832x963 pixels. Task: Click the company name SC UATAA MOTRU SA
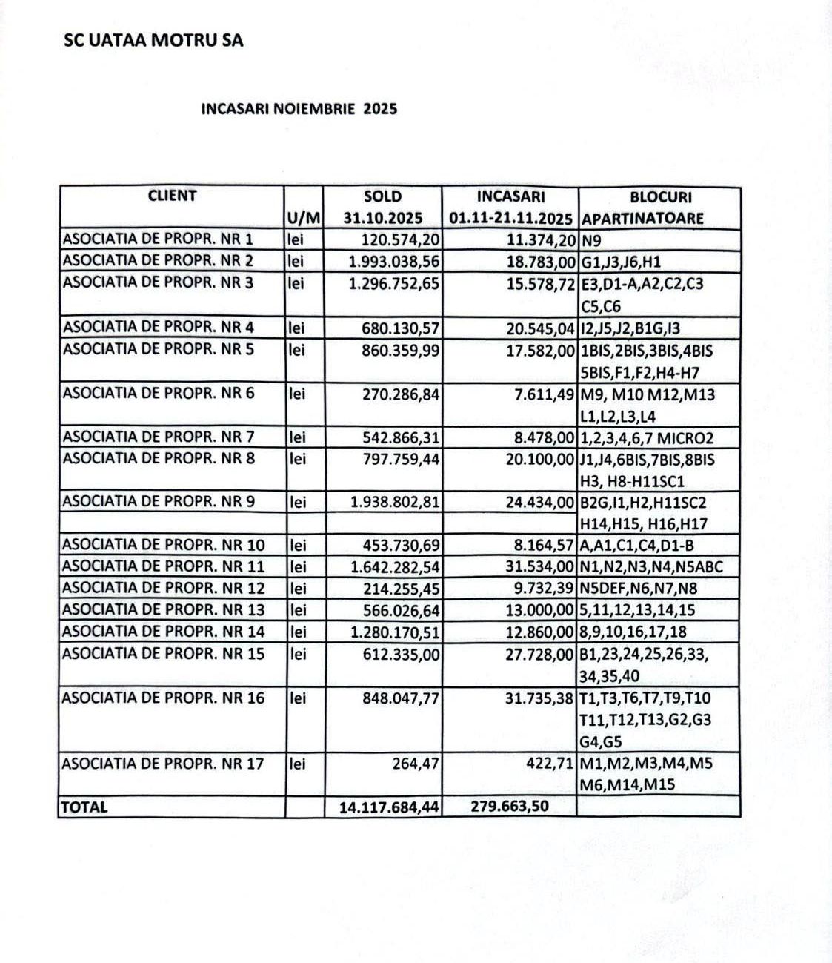(154, 40)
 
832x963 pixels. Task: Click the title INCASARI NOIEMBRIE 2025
(299, 109)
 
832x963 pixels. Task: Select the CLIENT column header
(172, 196)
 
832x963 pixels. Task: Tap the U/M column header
(304, 219)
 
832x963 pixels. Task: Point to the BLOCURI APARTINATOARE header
(659, 208)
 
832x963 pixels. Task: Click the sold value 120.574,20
(400, 239)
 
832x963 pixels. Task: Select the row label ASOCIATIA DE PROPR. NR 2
(158, 260)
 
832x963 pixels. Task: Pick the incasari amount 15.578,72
(541, 283)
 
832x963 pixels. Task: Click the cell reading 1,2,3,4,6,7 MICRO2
(647, 437)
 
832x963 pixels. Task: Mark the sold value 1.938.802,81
(395, 502)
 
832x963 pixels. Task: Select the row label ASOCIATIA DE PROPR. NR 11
(163, 566)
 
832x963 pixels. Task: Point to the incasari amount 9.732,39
(545, 589)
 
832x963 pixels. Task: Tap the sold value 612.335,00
(400, 654)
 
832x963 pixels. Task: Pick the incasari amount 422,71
(550, 763)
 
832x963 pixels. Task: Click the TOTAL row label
(83, 807)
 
